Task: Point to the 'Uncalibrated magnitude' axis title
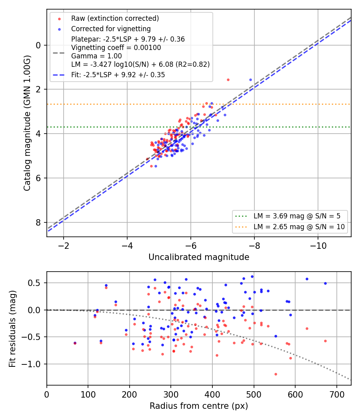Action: coord(199,257)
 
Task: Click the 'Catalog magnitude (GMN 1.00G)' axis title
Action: coord(27,123)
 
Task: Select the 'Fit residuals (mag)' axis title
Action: coord(12,329)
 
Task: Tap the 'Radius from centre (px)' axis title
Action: coord(199,406)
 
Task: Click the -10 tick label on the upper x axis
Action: coord(318,246)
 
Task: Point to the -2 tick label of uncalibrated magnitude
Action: coord(64,246)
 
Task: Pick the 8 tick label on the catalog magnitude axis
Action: coord(38,222)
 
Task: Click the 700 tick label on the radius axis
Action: coord(336,394)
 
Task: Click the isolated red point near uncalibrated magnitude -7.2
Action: coord(228,80)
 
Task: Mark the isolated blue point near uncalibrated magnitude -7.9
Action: coord(251,80)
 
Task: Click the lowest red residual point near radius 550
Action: coord(276,374)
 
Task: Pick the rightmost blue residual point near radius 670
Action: coord(325,283)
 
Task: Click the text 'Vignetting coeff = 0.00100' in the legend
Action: coord(116,48)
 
